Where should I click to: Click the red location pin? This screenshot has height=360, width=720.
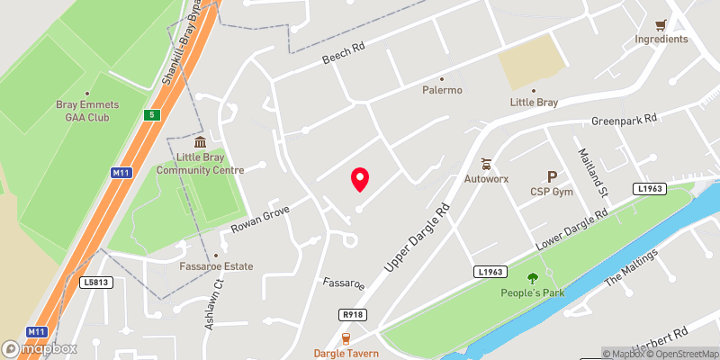click(360, 179)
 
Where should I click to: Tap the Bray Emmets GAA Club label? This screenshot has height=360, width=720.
click(87, 111)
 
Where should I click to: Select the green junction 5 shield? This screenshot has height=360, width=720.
click(152, 114)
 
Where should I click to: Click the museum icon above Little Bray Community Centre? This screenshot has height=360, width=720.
click(200, 142)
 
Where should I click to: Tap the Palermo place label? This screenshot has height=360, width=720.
click(442, 90)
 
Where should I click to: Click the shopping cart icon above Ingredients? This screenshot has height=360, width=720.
click(661, 25)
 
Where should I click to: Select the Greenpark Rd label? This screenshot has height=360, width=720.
click(625, 120)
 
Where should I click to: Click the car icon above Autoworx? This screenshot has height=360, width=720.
click(487, 165)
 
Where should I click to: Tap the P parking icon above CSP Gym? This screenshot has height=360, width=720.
click(552, 176)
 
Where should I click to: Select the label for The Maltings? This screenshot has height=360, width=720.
click(633, 267)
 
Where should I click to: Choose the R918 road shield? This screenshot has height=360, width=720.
click(353, 314)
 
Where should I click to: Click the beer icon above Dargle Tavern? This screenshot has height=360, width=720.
click(345, 338)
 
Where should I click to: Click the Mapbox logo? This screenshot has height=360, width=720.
click(40, 348)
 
